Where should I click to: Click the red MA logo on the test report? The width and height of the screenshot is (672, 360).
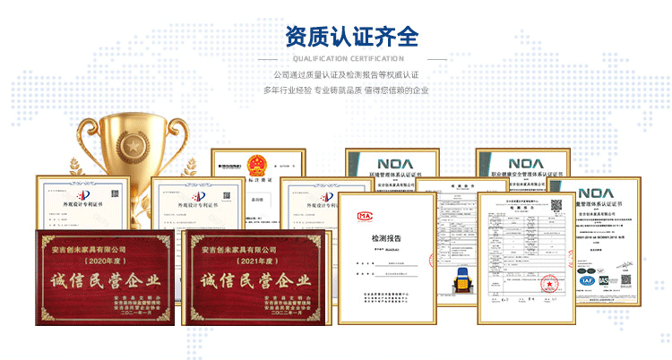pos(366,215)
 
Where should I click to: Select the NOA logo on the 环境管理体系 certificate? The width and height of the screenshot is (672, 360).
pos(392,164)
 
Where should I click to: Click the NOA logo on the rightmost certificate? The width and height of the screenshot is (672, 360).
pos(596,193)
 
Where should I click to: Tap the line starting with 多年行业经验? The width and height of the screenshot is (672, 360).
pos(346,90)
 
